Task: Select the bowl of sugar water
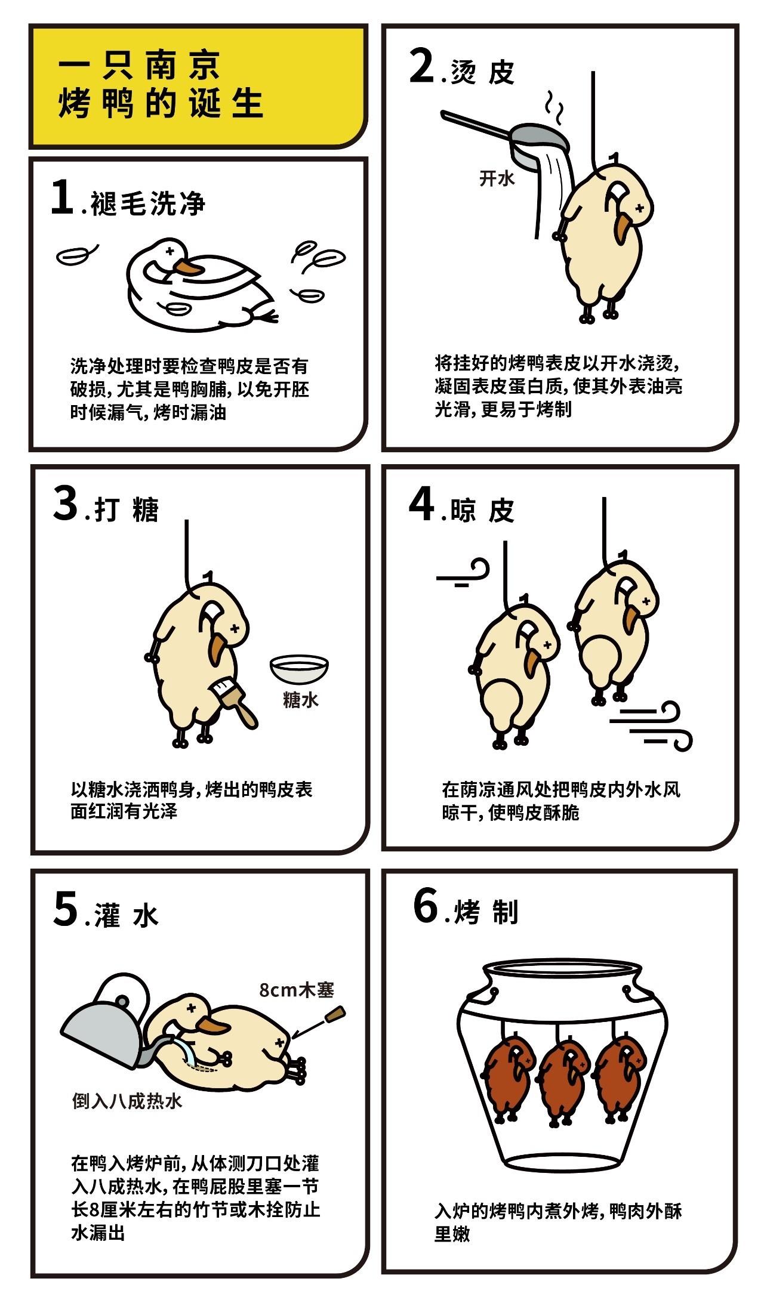(x=299, y=668)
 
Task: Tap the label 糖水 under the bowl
(x=301, y=699)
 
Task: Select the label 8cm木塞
(x=297, y=990)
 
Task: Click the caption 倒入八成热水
(x=127, y=1101)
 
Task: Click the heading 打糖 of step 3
(x=127, y=510)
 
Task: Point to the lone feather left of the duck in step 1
(x=76, y=254)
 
